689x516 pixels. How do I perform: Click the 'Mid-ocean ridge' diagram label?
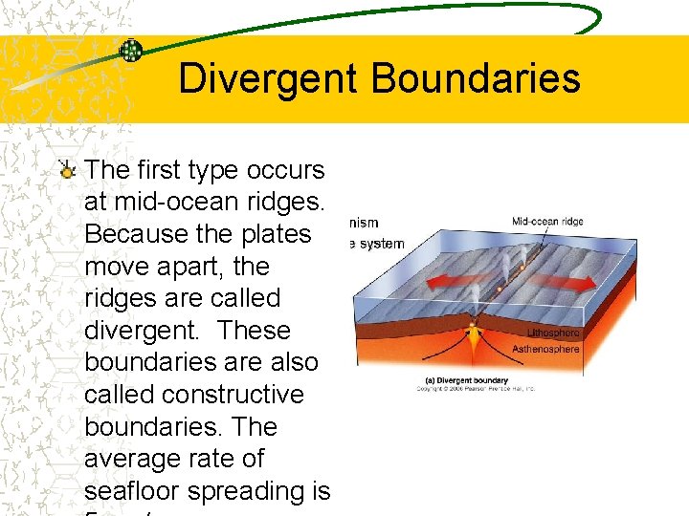pos(546,222)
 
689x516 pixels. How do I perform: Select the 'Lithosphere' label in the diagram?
pos(553,333)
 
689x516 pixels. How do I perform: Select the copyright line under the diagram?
pos(474,389)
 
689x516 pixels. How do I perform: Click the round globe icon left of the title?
pos(131,51)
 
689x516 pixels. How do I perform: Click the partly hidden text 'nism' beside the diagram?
pos(364,224)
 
